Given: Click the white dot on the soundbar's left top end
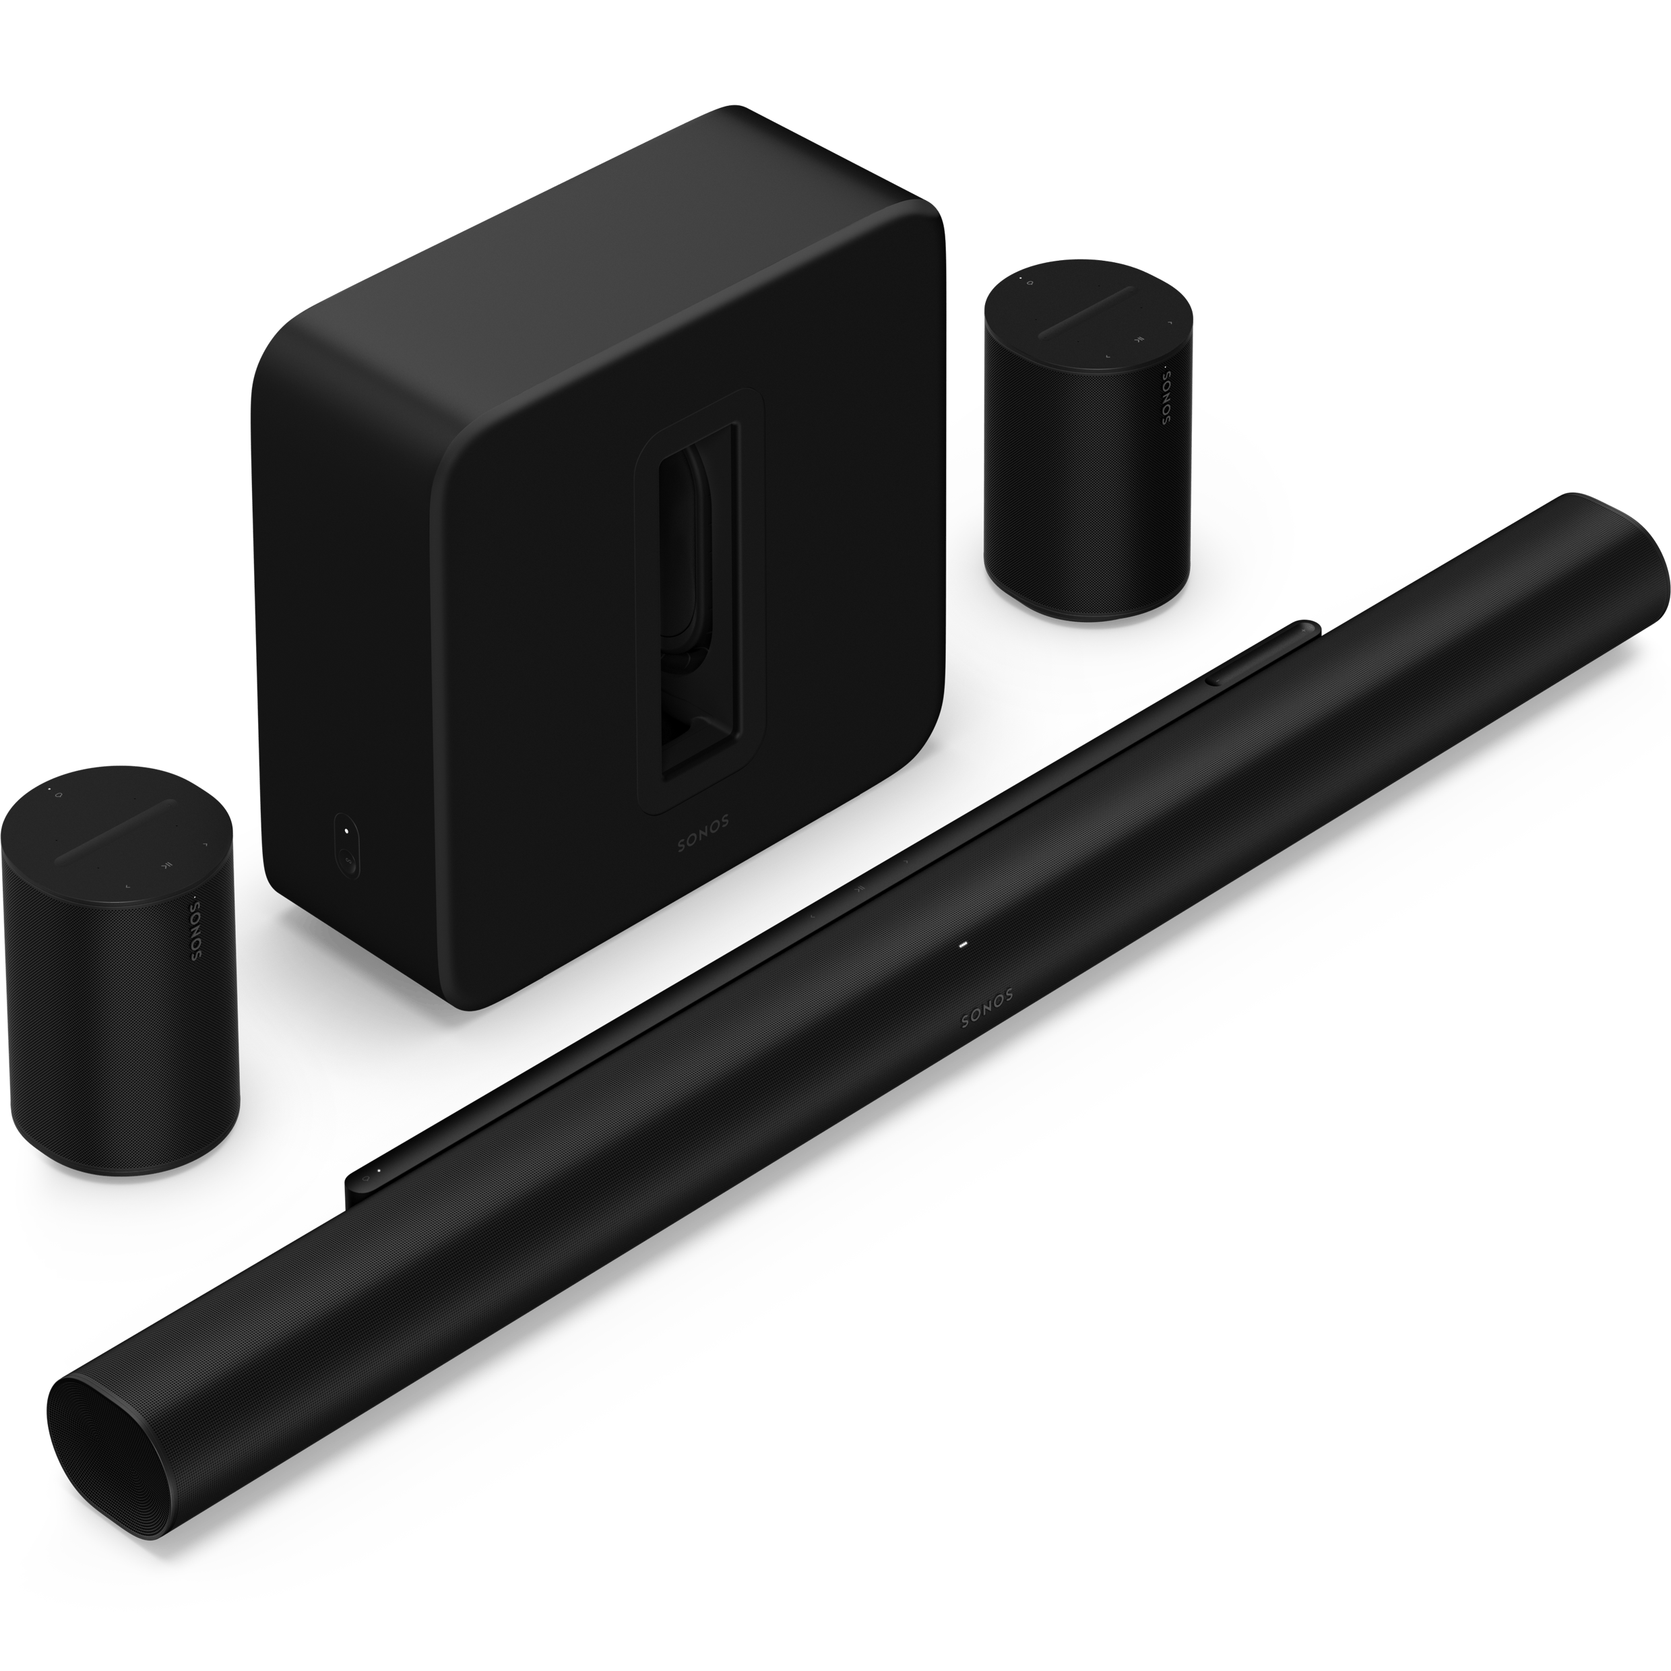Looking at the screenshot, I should (378, 1170).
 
